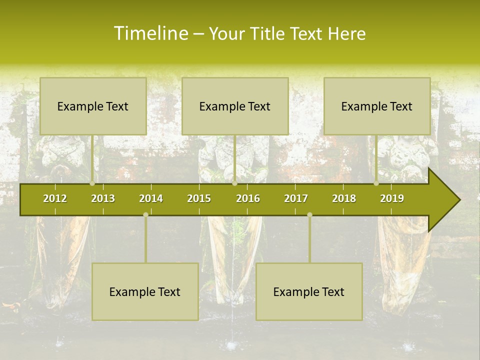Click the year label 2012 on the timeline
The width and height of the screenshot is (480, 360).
click(x=55, y=199)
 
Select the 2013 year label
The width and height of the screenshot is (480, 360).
click(x=103, y=199)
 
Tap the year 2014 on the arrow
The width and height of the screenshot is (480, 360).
click(x=151, y=199)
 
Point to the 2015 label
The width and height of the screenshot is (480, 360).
click(x=199, y=199)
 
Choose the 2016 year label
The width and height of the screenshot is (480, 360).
click(x=248, y=199)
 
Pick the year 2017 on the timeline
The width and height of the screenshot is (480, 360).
click(x=296, y=199)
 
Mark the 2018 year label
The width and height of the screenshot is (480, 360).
click(x=344, y=199)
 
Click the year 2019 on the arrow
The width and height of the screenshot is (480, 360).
click(x=392, y=199)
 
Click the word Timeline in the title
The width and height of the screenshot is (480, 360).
click(x=150, y=33)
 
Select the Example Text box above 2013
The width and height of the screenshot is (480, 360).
click(x=93, y=106)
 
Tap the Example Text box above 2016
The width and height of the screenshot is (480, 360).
click(x=235, y=106)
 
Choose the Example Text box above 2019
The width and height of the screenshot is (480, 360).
click(x=377, y=106)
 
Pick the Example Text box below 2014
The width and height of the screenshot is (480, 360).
click(x=145, y=291)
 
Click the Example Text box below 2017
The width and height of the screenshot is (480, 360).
click(x=309, y=291)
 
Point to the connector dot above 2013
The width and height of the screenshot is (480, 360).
click(x=92, y=183)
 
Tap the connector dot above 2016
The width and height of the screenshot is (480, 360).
click(x=234, y=183)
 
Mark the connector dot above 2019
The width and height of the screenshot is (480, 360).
click(x=376, y=183)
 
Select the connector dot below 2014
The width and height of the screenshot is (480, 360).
click(x=145, y=215)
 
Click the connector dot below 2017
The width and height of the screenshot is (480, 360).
click(x=309, y=215)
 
